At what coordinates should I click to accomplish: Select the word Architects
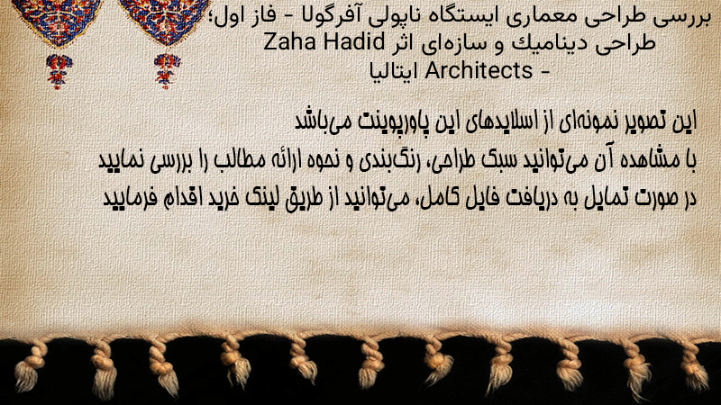tap(479, 70)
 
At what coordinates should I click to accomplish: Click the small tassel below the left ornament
tap(58, 71)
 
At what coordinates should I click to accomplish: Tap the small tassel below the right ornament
tap(167, 71)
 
